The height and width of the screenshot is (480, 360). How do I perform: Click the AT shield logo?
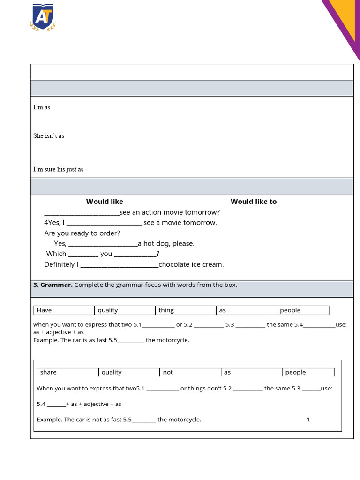[x=43, y=17]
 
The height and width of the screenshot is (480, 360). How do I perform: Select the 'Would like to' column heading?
[x=253, y=202]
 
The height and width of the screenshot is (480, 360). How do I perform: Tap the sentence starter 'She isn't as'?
[x=49, y=136]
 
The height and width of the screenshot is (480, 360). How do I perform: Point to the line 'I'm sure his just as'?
[x=58, y=169]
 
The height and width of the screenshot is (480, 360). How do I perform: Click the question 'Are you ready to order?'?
[x=82, y=233]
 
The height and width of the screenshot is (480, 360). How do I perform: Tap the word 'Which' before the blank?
[x=56, y=254]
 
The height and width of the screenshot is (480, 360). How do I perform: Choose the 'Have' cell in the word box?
[x=45, y=310]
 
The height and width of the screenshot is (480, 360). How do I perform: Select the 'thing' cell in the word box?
[x=166, y=310]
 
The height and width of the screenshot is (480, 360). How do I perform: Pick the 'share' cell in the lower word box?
[x=48, y=373]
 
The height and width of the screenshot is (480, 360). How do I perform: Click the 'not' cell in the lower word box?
[x=168, y=373]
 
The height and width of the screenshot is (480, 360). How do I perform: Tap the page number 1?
[x=308, y=420]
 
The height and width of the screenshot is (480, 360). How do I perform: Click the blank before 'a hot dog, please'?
[x=103, y=244]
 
